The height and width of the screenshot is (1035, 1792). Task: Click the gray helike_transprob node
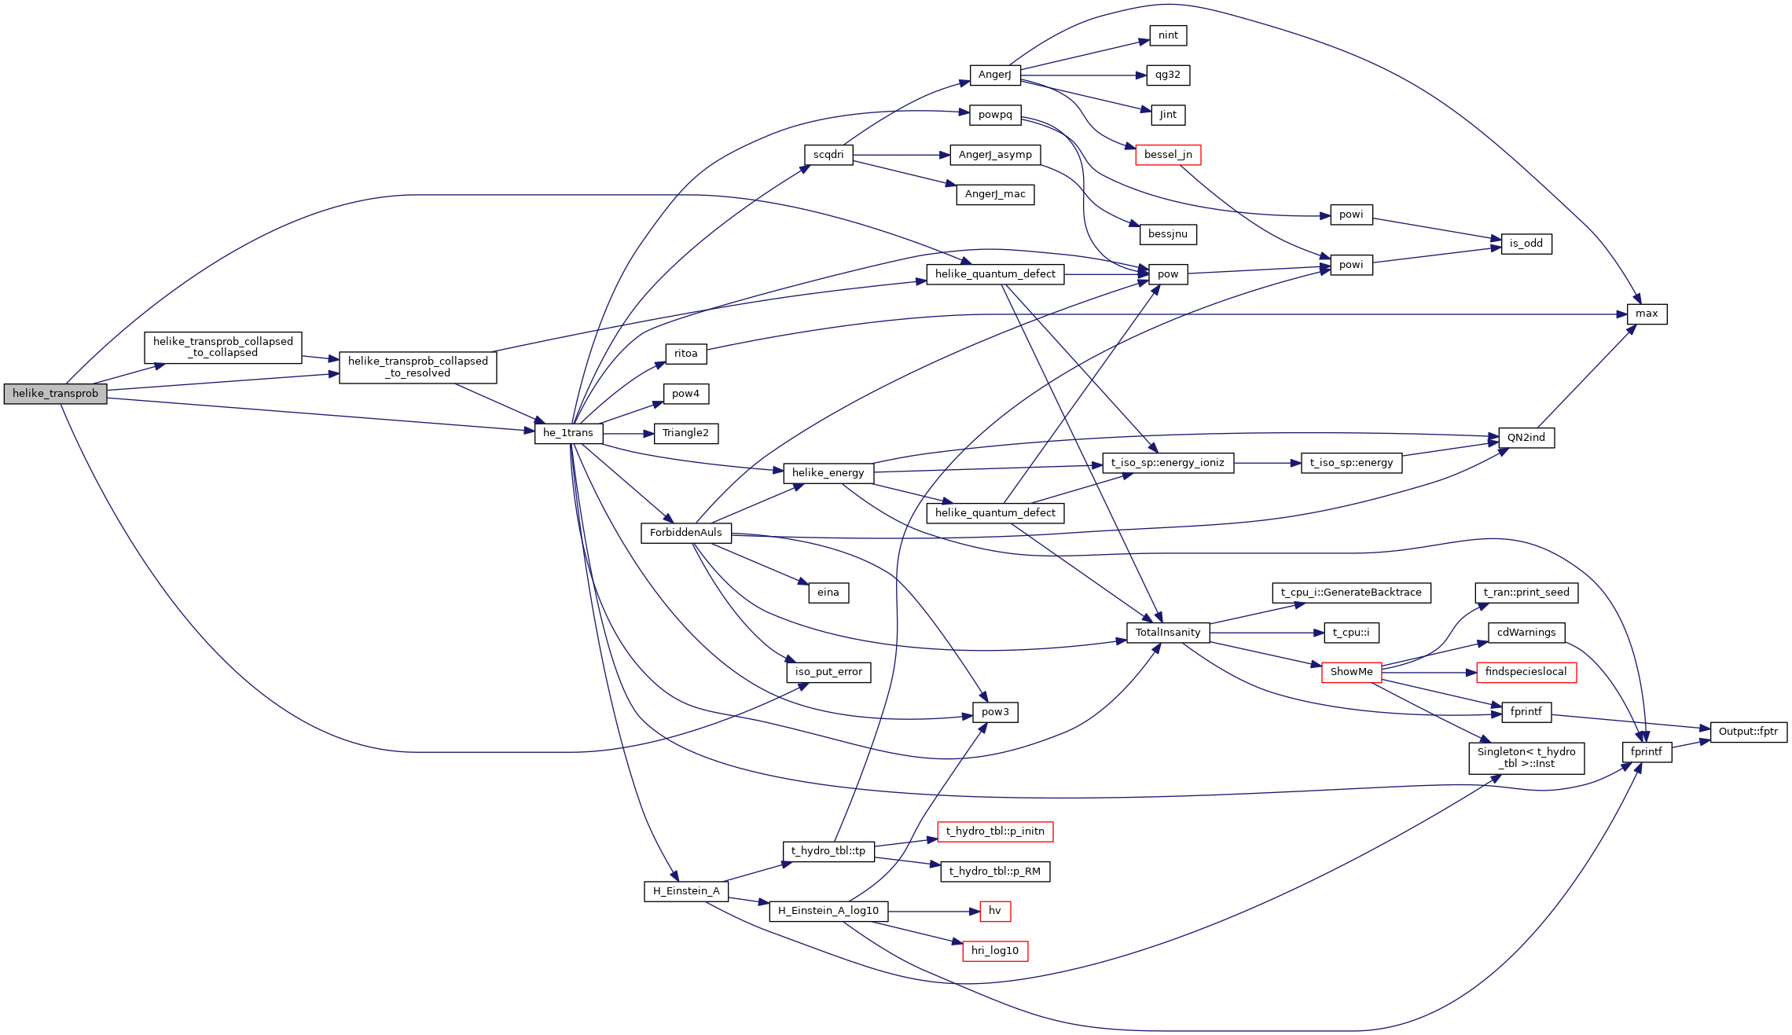(55, 394)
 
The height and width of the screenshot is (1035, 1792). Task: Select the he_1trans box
(568, 433)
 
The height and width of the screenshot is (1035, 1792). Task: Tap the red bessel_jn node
(1167, 155)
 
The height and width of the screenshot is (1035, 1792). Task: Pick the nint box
(1168, 35)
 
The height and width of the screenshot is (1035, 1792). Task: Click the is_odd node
(1526, 244)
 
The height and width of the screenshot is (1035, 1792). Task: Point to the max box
(1646, 314)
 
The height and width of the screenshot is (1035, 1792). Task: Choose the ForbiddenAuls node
(685, 533)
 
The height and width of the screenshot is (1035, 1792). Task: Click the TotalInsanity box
(1167, 633)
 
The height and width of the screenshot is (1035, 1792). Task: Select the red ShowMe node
(1351, 672)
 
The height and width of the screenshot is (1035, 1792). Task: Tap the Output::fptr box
(1748, 732)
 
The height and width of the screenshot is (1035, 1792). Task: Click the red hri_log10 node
(994, 951)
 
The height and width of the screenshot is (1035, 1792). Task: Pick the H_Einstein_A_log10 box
(828, 911)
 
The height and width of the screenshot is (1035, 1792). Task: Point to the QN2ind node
(1526, 438)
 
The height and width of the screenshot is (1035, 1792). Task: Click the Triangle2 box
(685, 433)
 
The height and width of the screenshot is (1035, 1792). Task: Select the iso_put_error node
(828, 672)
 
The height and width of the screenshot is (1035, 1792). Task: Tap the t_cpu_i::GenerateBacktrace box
(1350, 593)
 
